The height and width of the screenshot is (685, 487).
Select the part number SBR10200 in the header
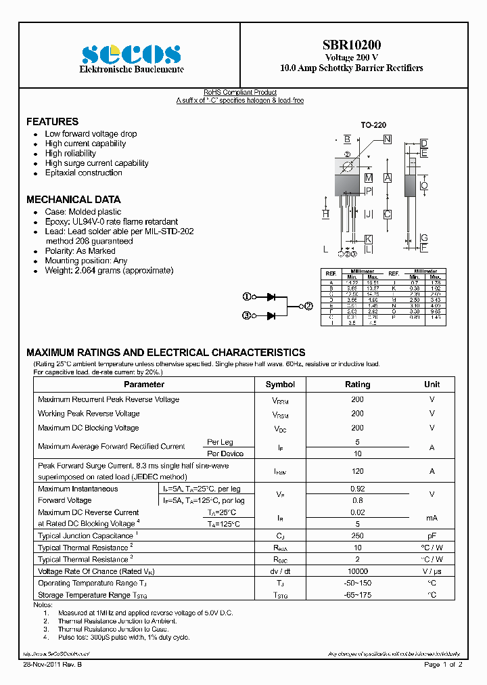[x=351, y=45]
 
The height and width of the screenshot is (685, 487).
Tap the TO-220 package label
[x=373, y=125]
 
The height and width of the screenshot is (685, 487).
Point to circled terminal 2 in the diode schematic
[x=308, y=306]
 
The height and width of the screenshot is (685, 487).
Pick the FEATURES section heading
[x=52, y=122]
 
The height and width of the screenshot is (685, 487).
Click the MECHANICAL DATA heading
[x=73, y=200]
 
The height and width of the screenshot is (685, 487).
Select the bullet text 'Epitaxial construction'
[x=83, y=173]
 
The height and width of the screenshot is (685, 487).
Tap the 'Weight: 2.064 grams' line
[x=109, y=270]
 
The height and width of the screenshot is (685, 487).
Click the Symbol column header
[x=280, y=384]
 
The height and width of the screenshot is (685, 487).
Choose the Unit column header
[x=432, y=384]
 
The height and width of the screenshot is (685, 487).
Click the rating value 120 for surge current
[x=357, y=471]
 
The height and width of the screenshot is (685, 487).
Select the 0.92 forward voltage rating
[x=357, y=489]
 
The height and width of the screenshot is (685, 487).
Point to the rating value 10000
[x=357, y=571]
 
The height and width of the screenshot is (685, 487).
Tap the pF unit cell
[x=432, y=535]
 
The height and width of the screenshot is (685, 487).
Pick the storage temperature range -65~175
[x=357, y=595]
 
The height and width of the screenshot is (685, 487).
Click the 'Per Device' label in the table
[x=225, y=454]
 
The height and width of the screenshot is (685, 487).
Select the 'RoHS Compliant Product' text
[x=240, y=93]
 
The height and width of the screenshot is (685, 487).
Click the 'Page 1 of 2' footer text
[x=443, y=665]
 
